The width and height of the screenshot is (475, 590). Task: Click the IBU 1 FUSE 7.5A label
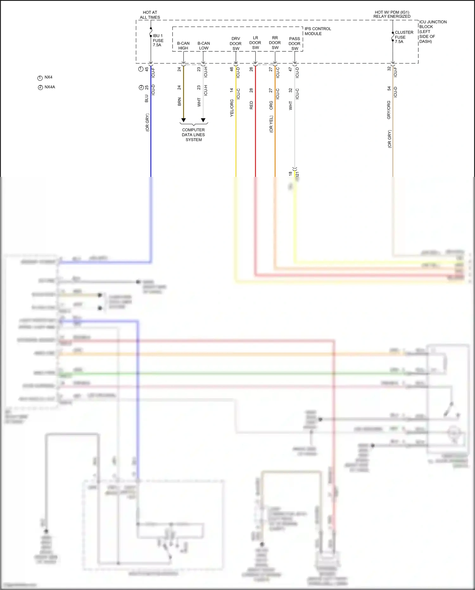coord(158,40)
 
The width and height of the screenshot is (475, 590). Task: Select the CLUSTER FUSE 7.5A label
coord(404,37)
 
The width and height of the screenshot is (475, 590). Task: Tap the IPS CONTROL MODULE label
coord(318,31)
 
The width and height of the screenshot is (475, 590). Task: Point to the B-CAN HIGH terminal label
coord(183,46)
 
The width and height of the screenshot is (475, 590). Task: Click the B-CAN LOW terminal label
coord(204,46)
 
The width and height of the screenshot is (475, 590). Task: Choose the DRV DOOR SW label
coord(236,43)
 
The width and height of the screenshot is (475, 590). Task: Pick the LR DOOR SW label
coord(255,43)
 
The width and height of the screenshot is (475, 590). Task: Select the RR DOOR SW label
coord(275,43)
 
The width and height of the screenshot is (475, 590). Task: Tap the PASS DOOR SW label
coord(294,43)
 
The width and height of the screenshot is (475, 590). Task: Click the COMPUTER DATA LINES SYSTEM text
coord(193,135)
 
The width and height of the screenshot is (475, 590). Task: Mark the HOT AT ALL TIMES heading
coord(150,15)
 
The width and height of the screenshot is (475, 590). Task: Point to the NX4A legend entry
coord(50,87)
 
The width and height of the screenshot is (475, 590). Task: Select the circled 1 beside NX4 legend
coord(40,78)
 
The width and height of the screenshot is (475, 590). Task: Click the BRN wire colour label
coord(180,102)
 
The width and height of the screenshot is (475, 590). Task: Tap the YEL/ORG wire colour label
coord(232,108)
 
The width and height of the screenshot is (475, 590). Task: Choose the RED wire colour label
coord(251,105)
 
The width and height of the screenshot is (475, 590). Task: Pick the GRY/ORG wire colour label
coord(389,110)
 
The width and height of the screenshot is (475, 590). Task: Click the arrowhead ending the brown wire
coord(183,120)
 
